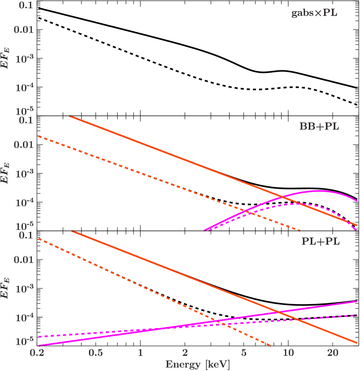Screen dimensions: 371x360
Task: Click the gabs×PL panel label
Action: (x=314, y=13)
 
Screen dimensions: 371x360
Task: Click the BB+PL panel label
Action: (x=319, y=127)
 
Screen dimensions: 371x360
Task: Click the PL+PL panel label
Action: (x=321, y=241)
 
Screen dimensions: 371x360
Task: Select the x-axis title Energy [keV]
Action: (x=197, y=364)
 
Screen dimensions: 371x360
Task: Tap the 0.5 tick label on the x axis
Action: (x=95, y=353)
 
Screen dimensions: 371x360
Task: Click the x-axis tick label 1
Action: (x=140, y=353)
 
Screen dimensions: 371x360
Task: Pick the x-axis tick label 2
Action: (x=185, y=353)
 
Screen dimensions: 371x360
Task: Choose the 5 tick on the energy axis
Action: (x=243, y=353)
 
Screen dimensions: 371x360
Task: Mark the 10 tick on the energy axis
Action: (x=288, y=353)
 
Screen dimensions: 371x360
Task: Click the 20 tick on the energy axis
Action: (x=333, y=353)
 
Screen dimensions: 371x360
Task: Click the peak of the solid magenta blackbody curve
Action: (x=319, y=190)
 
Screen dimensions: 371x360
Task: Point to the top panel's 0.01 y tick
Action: (x=24, y=30)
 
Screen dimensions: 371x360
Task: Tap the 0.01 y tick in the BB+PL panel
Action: (x=24, y=144)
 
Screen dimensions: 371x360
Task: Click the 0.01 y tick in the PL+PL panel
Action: (x=24, y=260)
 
